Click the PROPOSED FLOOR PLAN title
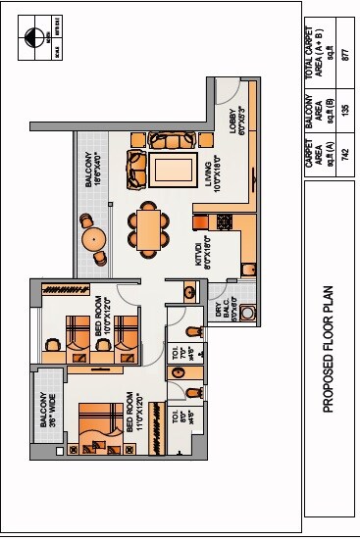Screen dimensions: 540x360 click(x=329, y=351)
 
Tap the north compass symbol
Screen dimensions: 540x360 click(x=35, y=38)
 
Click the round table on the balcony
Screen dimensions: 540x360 click(x=94, y=238)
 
